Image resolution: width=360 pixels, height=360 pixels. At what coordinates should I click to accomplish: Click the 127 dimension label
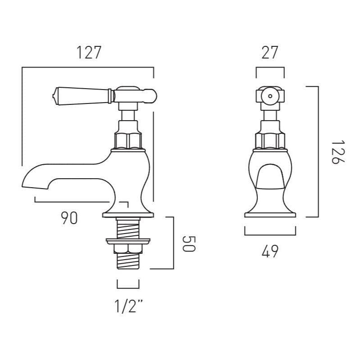tap(88, 53)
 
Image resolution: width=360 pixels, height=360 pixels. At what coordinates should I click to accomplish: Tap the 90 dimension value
tap(69, 218)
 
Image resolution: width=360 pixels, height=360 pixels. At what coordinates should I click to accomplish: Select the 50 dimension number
tap(189, 243)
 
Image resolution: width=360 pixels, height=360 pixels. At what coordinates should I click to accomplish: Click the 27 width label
tap(270, 53)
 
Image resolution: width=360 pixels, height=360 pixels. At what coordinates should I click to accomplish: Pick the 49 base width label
tap(270, 252)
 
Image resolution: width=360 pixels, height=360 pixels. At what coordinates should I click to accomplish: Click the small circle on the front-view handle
tap(270, 95)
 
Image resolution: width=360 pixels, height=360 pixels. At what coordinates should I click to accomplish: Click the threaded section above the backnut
tap(128, 229)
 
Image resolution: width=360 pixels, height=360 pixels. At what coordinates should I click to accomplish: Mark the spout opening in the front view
tap(270, 175)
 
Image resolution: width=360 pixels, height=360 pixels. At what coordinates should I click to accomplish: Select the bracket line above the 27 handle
tap(270, 68)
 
